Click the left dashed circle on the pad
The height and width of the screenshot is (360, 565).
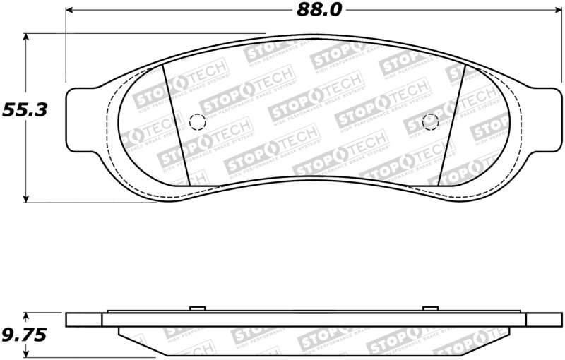coord(198,122)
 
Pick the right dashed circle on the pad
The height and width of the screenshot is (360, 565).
coord(430,121)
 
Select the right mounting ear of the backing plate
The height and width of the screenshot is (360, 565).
coord(543,119)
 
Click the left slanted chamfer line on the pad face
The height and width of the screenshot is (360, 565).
coord(175,126)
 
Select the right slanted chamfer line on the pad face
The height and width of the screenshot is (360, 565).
coord(450,127)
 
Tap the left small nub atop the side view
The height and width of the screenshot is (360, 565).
coord(198,308)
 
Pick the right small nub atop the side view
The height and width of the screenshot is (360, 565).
coord(430,308)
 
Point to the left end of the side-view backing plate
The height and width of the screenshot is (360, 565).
coord(83,320)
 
